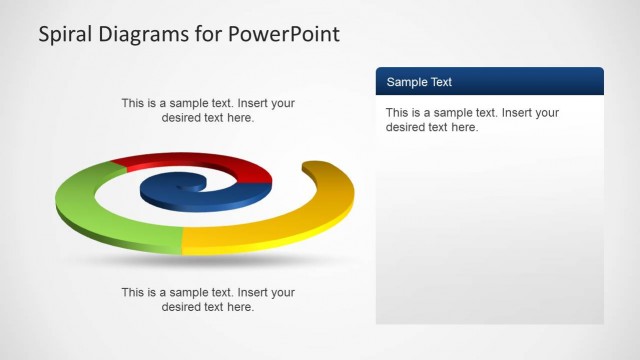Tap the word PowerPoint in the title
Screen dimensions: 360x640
285,35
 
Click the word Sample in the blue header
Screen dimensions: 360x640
406,82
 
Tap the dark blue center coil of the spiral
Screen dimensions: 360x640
200,191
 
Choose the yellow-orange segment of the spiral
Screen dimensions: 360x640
290,230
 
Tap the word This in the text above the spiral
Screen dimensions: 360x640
134,103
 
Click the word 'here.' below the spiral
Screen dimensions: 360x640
239,307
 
